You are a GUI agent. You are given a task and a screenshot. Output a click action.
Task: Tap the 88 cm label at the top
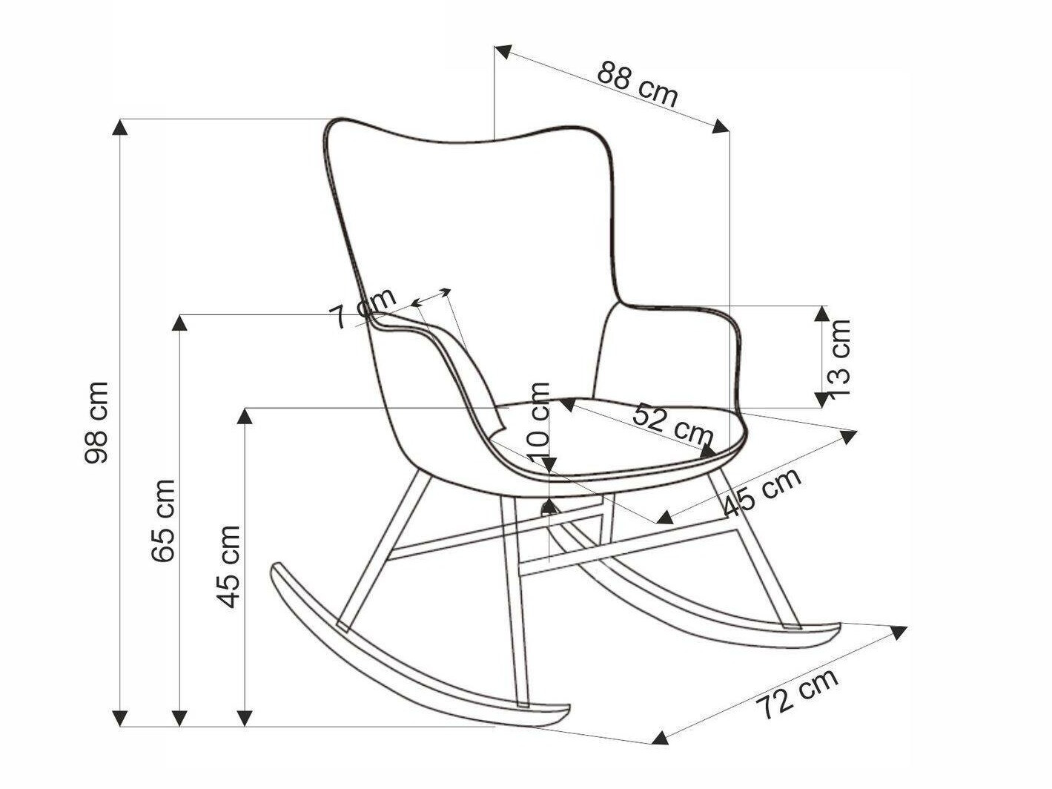638,85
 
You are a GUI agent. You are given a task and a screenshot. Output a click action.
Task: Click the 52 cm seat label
672,424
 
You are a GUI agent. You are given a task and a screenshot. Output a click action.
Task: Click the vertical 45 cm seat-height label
228,567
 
